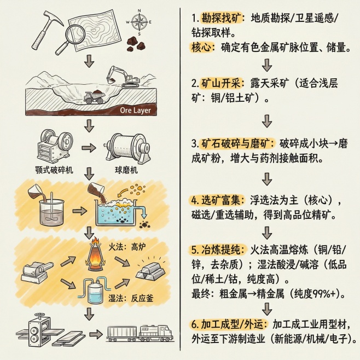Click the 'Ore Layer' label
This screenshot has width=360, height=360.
tap(135, 111)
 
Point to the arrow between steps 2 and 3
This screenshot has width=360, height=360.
tap(268, 120)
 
